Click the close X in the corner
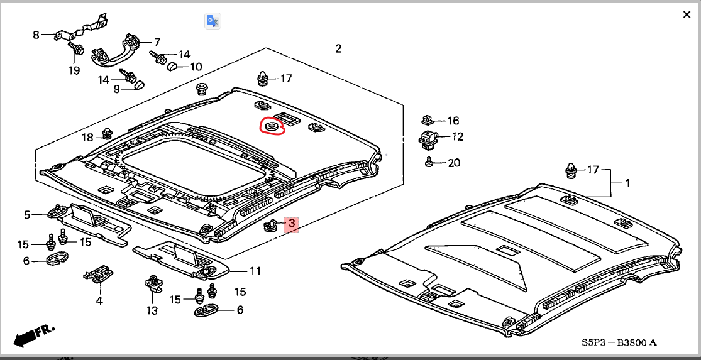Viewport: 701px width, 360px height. click(687, 14)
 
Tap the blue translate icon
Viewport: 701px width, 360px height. click(212, 21)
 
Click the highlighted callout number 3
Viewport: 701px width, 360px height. click(291, 223)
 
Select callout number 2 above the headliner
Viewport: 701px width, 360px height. click(338, 48)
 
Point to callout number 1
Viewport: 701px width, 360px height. click(627, 183)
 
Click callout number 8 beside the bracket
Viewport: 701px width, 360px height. click(36, 35)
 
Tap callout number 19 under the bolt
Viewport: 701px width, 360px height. click(74, 70)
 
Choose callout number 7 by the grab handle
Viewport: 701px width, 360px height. click(157, 42)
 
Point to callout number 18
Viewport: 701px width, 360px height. click(88, 137)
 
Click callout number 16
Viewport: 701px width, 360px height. click(453, 121)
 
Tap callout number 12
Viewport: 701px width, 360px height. click(457, 136)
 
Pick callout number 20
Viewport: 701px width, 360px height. click(453, 163)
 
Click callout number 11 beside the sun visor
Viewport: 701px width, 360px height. click(255, 271)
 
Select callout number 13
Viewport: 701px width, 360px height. click(152, 310)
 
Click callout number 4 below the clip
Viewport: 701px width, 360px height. click(99, 301)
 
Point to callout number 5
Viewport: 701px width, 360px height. click(27, 215)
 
